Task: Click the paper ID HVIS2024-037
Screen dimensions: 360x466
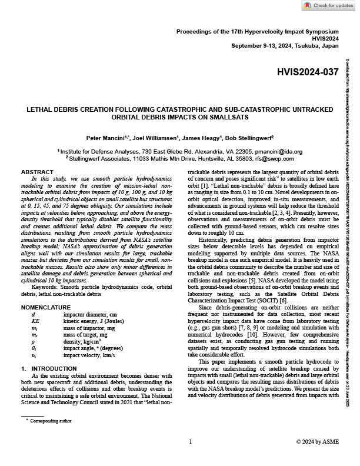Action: [307, 72]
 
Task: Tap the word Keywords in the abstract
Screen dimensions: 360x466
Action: [46, 272]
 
